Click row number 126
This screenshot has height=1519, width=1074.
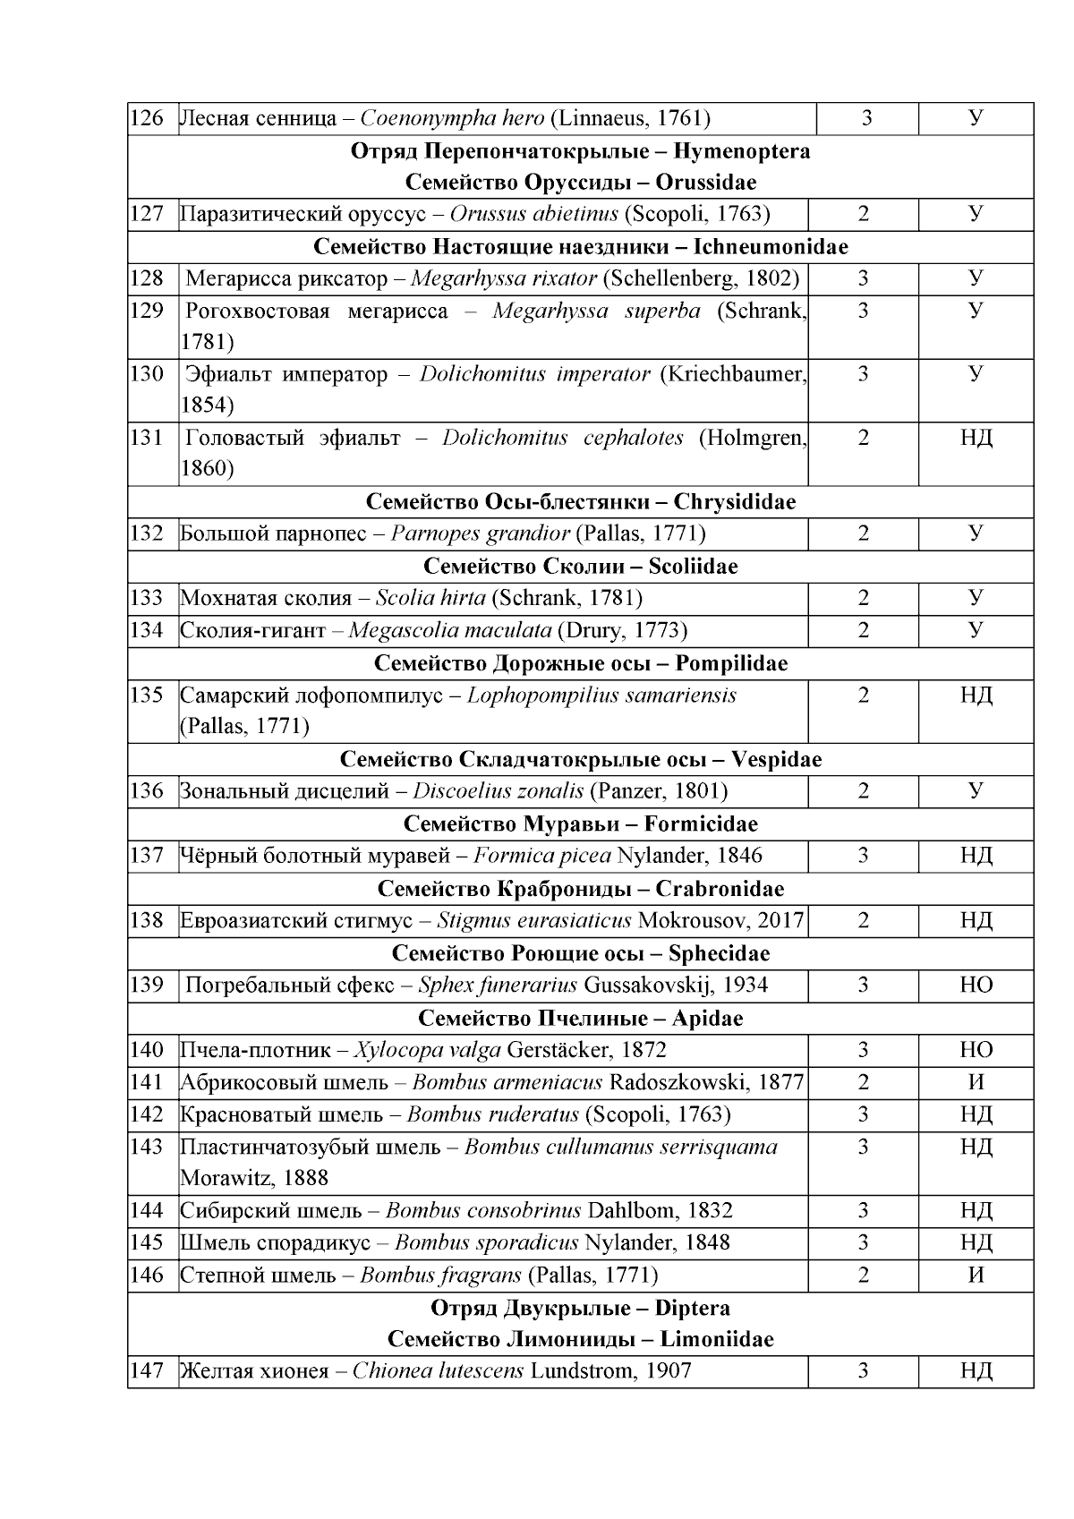click(147, 118)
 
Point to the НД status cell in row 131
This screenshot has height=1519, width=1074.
click(976, 438)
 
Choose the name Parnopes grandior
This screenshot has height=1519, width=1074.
click(480, 534)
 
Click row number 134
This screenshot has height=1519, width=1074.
click(147, 631)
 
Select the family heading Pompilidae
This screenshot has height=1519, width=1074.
click(731, 663)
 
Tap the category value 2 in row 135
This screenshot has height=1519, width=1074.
click(863, 695)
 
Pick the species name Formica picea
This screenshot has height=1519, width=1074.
click(541, 856)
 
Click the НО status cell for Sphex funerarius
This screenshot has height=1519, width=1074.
click(976, 986)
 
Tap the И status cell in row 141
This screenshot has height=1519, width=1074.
click(976, 1082)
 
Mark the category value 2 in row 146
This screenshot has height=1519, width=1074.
click(863, 1276)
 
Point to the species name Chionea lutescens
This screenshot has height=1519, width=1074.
click(438, 1371)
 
